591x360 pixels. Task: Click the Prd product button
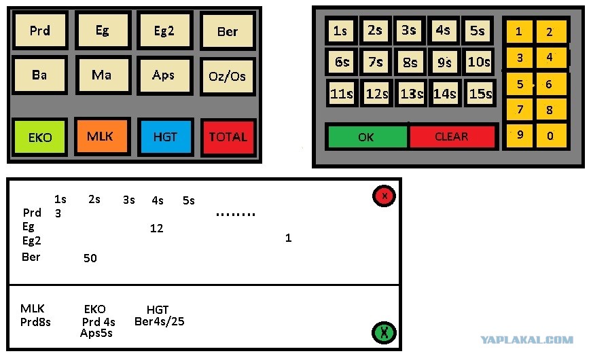[40, 30]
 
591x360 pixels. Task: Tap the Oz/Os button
[228, 76]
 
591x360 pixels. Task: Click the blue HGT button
[166, 137]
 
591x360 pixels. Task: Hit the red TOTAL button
[228, 137]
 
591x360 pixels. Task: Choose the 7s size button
[376, 61]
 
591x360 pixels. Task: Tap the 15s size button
[480, 93]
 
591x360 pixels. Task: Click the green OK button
[367, 137]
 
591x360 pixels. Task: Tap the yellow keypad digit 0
[551, 135]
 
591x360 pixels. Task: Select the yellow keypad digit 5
[520, 84]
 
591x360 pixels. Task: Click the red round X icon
[384, 196]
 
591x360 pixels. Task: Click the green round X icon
[384, 332]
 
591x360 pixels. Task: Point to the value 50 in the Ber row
[90, 258]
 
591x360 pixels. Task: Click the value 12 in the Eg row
[156, 228]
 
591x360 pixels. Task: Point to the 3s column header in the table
[129, 200]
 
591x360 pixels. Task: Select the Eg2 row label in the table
[32, 240]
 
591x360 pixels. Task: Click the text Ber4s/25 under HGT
[160, 321]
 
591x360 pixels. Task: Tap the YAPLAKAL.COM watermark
[527, 340]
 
